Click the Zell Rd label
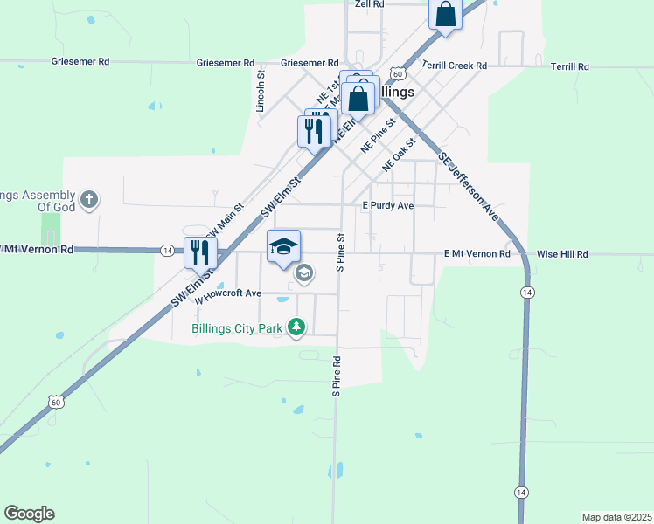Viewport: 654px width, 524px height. [370, 4]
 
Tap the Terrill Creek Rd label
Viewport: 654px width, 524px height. [454, 65]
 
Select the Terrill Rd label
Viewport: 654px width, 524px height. [570, 66]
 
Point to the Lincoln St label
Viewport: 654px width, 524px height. [260, 92]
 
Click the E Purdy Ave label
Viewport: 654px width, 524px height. [387, 206]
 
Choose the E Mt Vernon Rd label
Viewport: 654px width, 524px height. [477, 253]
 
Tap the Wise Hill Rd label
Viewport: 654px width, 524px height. [562, 253]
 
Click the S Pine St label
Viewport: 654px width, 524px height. [341, 252]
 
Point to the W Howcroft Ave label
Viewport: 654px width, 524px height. [228, 295]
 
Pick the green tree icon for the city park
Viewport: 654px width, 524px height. [297, 327]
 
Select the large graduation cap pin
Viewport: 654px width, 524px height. [283, 245]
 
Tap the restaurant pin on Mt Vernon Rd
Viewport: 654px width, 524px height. [200, 252]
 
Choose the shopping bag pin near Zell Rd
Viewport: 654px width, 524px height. [445, 14]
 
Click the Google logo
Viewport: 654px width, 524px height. [29, 514]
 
